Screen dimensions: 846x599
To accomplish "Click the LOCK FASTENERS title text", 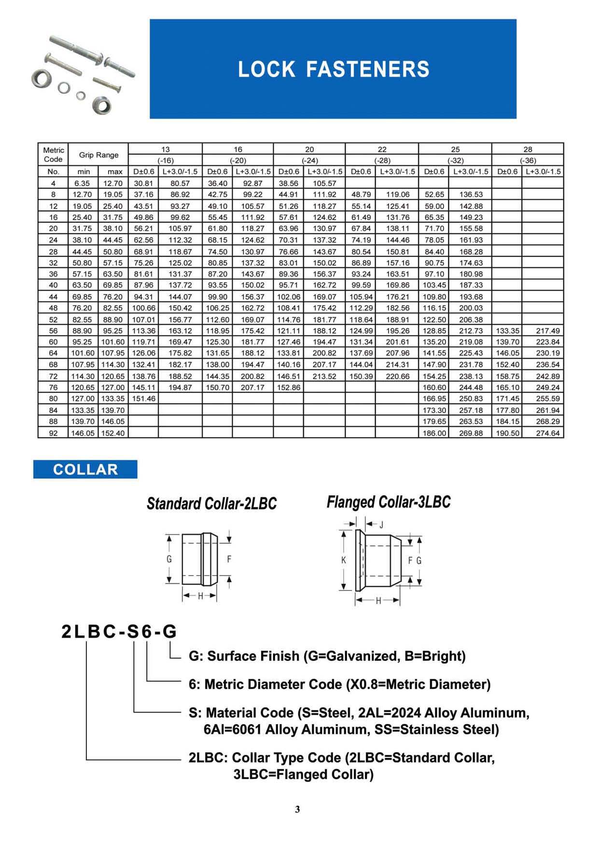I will (334, 69).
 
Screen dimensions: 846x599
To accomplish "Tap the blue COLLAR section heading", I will (85, 470).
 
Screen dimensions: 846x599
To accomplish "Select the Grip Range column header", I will (98, 155).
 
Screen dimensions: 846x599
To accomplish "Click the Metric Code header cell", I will (53, 155).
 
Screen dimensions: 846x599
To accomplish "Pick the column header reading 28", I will (528, 149).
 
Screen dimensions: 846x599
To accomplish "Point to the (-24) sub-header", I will (309, 161).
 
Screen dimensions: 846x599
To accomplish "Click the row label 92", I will (53, 433).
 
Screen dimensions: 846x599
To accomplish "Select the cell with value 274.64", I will (548, 433).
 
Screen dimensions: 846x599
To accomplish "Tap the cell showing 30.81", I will (143, 183).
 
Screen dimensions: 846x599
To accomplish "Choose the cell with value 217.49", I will (548, 331).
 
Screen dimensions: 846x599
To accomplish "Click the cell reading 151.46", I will (143, 399).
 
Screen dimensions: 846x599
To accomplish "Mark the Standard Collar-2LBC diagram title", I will (211, 504).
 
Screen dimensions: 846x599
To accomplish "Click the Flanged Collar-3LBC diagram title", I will (389, 502).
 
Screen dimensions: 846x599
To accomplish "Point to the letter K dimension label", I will (344, 560).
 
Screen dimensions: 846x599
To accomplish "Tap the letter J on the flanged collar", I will (381, 525).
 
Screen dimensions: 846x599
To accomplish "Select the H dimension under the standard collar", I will (200, 596).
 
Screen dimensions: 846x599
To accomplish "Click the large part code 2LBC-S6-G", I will (119, 631).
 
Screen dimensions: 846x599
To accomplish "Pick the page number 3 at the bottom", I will (297, 809).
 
